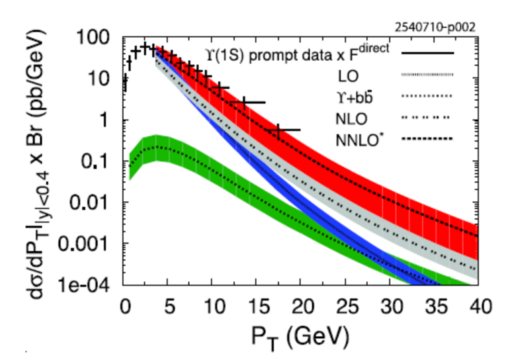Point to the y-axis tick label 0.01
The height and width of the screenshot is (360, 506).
tap(93, 202)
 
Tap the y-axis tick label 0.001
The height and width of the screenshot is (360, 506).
tap(88, 244)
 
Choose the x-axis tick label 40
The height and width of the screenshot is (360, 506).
tap(478, 308)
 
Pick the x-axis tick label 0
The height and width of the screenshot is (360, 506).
tap(124, 308)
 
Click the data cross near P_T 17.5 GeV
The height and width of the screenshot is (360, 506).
tap(278, 130)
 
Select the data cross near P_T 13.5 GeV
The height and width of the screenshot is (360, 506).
tap(244, 102)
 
